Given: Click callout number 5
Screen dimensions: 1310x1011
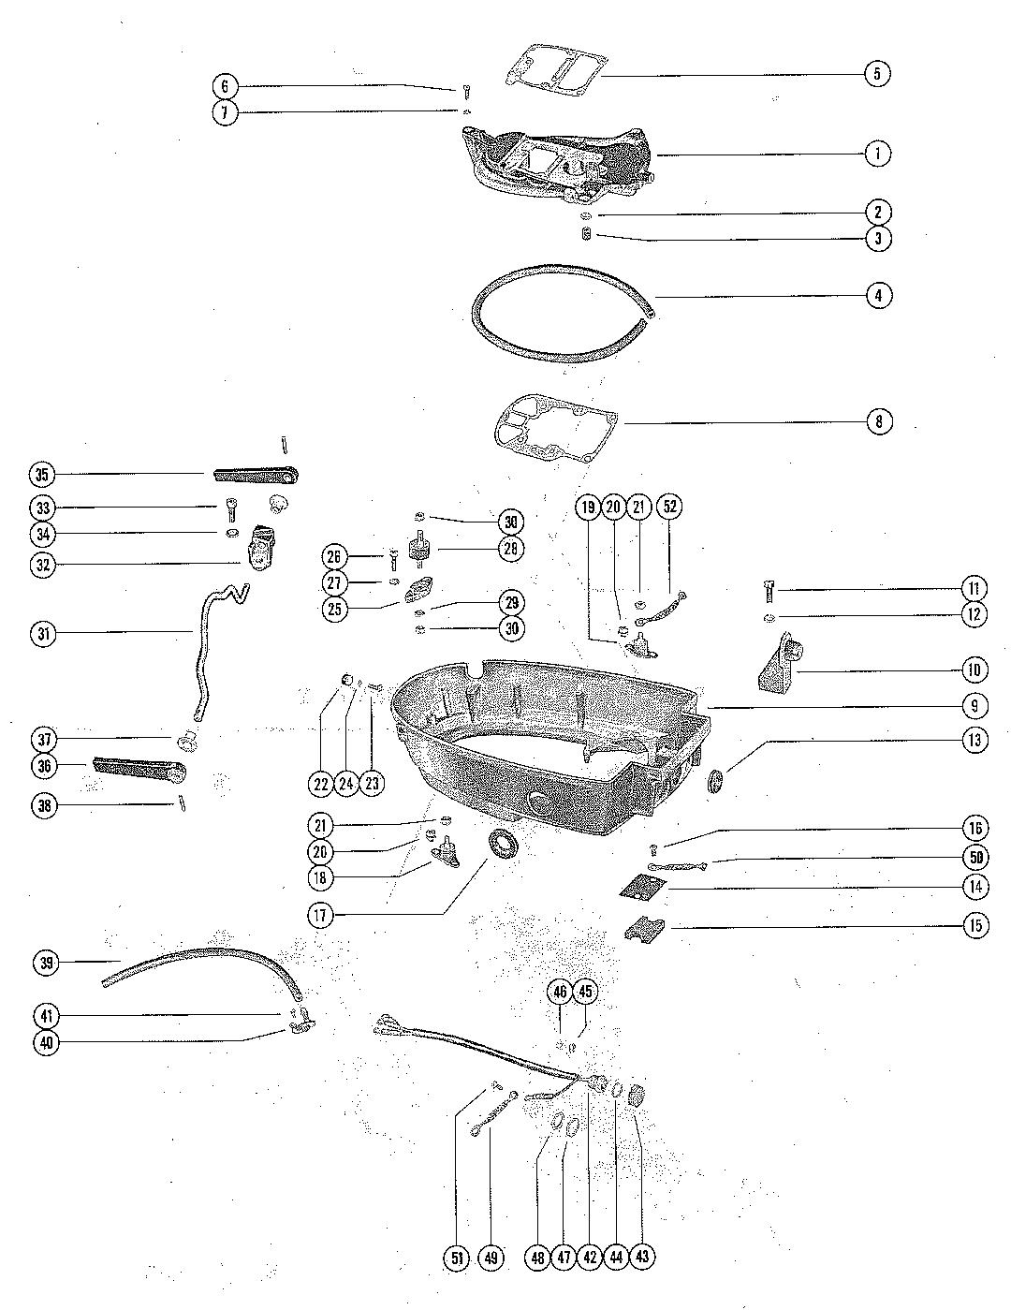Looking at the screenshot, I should [x=877, y=73].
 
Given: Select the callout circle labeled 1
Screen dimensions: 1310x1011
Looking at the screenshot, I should [x=877, y=153].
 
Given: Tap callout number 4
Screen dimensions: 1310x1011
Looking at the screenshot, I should [x=878, y=295].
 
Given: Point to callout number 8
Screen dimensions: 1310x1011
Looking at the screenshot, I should [x=878, y=421].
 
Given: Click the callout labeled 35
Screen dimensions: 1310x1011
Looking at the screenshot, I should [x=41, y=474].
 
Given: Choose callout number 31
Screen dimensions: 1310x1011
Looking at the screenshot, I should [x=41, y=634].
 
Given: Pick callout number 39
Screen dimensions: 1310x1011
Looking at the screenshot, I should [x=46, y=962].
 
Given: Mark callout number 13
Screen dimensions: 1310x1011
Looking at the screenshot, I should [x=974, y=740].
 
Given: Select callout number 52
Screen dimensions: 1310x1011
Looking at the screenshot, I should [x=670, y=507].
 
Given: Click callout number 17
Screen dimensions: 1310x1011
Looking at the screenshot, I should [x=321, y=915].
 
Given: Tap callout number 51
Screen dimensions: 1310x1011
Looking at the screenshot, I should [x=457, y=1258].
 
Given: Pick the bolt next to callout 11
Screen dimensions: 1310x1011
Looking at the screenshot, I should [x=769, y=591].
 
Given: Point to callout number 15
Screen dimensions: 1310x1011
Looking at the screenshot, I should [x=974, y=926].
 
